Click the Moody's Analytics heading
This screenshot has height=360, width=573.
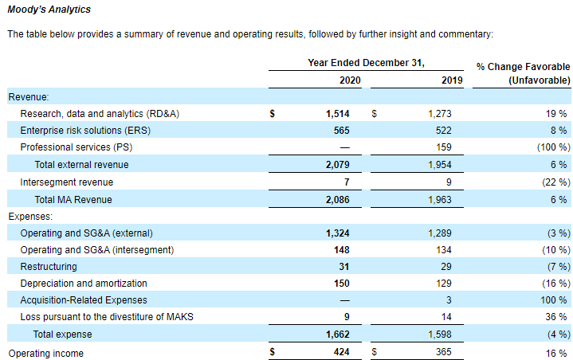pos(49,10)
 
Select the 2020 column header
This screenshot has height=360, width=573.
pos(350,80)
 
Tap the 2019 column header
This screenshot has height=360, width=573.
pos(452,80)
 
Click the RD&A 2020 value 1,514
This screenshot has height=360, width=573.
pos(338,114)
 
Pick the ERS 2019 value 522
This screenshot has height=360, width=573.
pos(443,131)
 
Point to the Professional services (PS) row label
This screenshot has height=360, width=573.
pos(77,147)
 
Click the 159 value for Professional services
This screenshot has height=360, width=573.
pos(444,147)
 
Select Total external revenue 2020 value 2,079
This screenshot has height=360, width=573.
pos(338,165)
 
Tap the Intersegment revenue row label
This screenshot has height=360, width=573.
pos(66,182)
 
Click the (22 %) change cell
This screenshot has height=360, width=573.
pos(555,182)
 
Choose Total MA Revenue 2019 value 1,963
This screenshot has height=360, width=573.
pos(440,200)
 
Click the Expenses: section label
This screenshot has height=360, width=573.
pos(30,217)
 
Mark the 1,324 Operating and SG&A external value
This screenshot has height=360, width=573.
pos(338,233)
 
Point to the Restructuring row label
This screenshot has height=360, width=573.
pos(49,267)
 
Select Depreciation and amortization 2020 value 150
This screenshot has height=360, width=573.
pos(342,284)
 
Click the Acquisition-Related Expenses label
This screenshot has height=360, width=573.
pos(84,300)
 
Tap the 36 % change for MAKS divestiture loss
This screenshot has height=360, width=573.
pos(555,317)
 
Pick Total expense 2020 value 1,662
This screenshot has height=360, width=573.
pos(338,335)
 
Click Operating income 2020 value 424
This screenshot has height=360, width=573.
pos(342,352)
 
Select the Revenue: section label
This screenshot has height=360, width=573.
pos(29,97)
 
